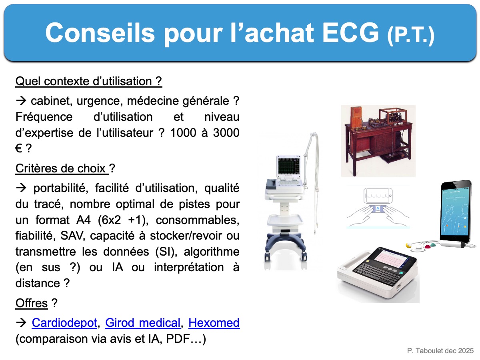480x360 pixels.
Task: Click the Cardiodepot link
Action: point(64,323)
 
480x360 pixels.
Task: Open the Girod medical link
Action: point(143,323)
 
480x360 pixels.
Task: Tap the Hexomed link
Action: point(214,323)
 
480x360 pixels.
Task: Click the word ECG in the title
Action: point(350,33)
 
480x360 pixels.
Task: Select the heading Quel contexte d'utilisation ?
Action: point(89,81)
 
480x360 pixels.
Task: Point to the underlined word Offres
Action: point(32,303)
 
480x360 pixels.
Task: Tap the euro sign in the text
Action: point(18,148)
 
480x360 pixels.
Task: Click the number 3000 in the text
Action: point(226,133)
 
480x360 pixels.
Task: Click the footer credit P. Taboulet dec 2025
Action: point(440,351)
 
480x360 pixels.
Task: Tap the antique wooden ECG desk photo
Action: point(378,140)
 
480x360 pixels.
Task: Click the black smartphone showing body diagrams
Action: point(456,212)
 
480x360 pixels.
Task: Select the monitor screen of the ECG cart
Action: point(289,165)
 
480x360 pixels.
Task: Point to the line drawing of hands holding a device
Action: point(378,207)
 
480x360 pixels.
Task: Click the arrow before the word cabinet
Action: point(21,101)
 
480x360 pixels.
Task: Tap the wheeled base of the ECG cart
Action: point(285,247)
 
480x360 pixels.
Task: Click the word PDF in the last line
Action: point(177,339)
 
